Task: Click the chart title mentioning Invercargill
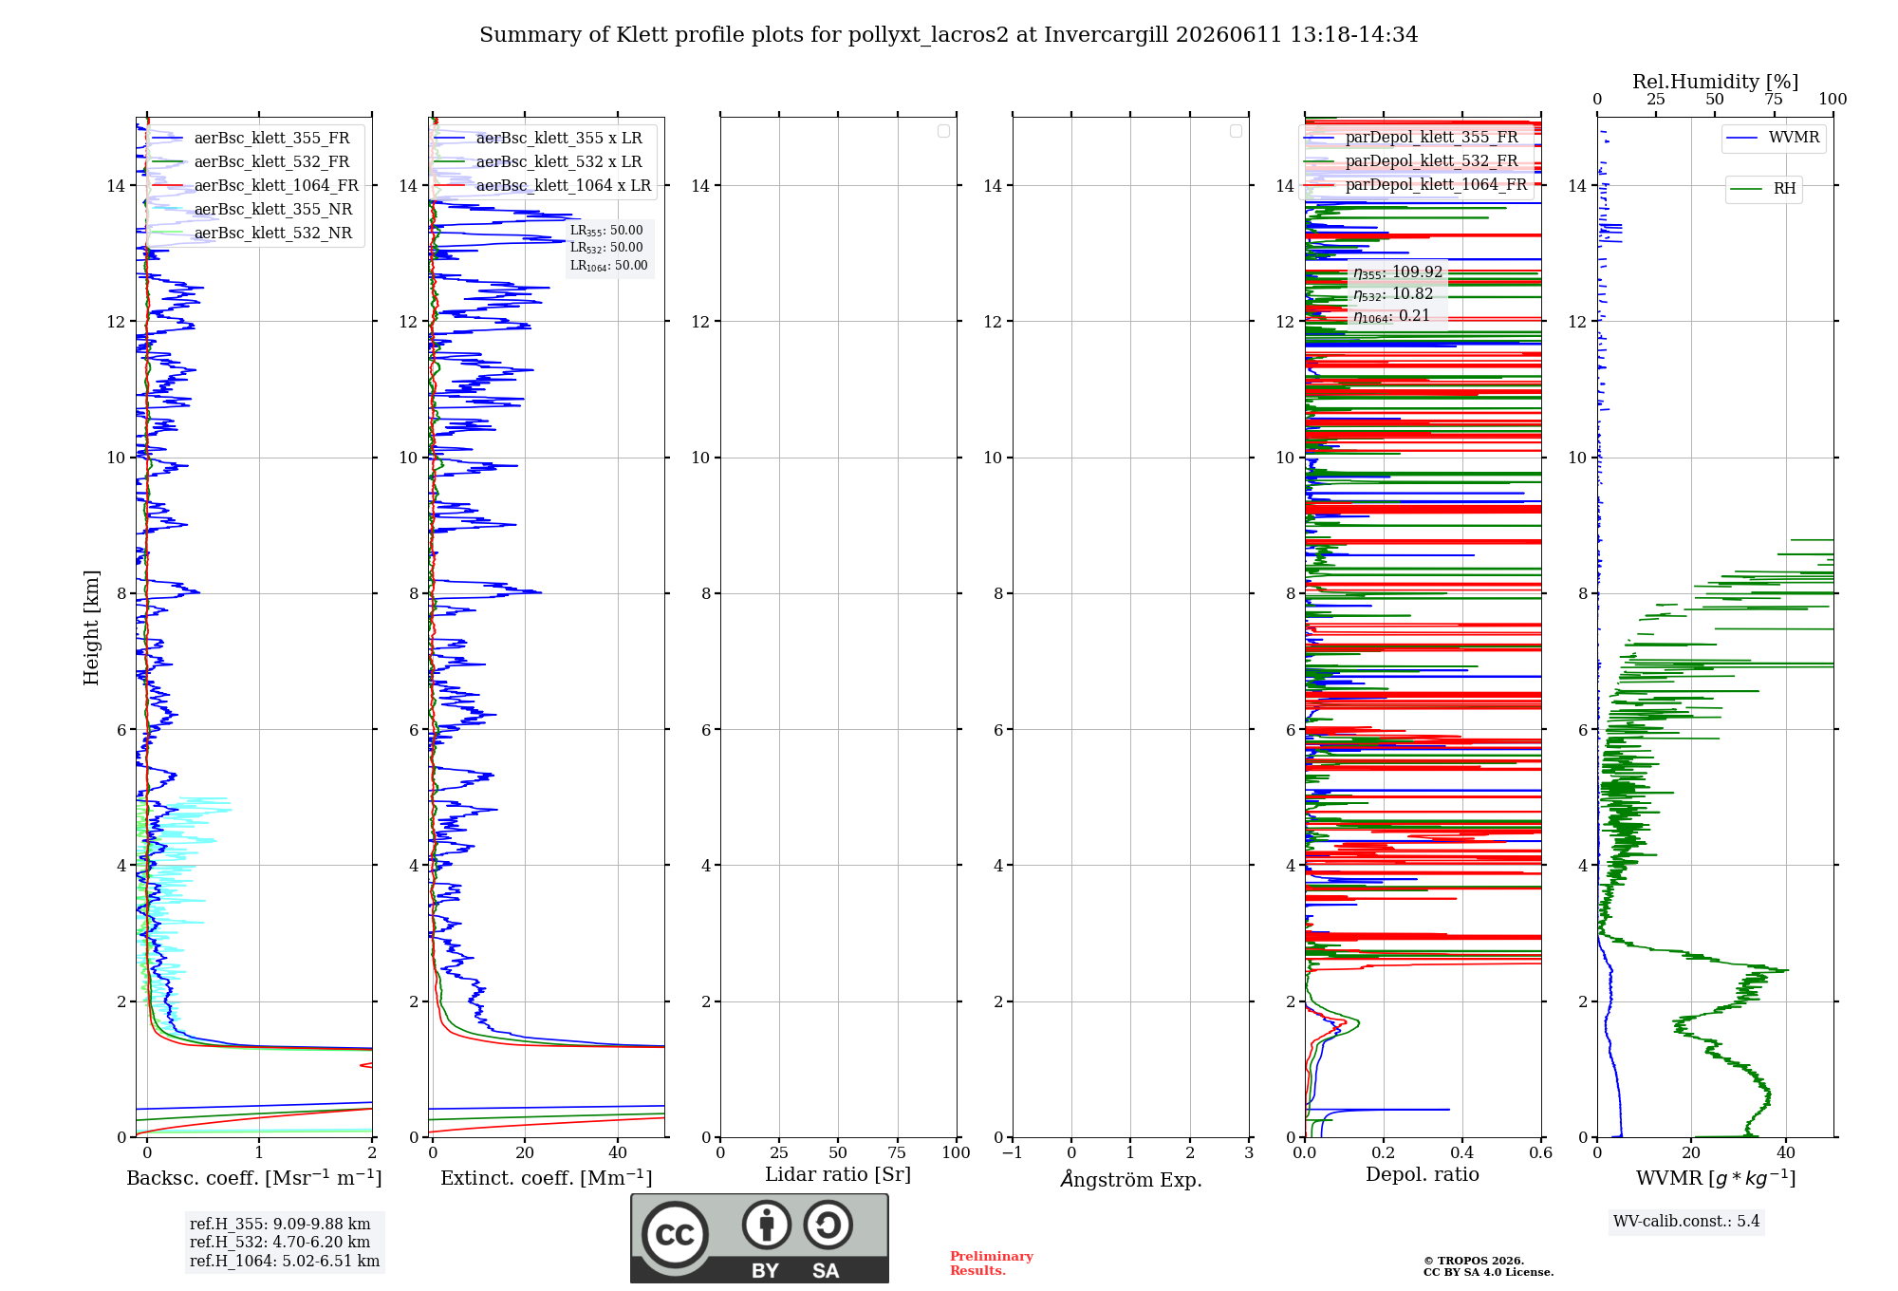coord(948,35)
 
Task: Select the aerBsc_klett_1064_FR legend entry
coord(254,186)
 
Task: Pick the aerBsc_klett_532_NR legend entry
coord(251,234)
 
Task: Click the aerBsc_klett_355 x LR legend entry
coord(537,139)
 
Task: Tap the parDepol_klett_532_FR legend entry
coord(1411,161)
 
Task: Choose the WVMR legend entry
coord(1773,138)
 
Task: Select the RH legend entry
coord(1763,189)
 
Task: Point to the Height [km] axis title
coord(91,627)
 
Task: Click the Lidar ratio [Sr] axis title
coord(838,1175)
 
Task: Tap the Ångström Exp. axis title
coord(1131,1179)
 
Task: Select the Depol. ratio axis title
coord(1423,1175)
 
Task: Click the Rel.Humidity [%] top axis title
coord(1716,82)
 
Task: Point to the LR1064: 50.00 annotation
coord(609,266)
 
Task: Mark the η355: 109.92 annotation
coord(1398,272)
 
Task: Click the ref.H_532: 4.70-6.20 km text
coord(280,1243)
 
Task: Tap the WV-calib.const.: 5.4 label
coord(1686,1222)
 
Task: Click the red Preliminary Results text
coord(992,1263)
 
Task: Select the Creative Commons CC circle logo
coord(675,1235)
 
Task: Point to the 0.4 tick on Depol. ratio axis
coord(1462,1153)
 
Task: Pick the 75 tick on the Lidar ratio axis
coord(897,1153)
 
